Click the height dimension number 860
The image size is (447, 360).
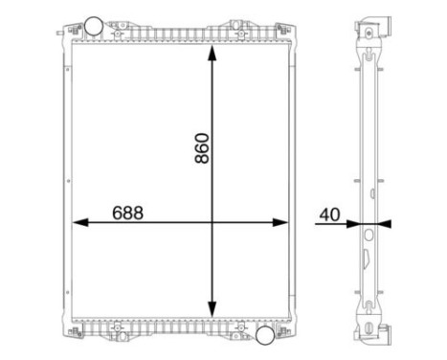[x=202, y=143]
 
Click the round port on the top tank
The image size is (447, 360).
[x=93, y=24]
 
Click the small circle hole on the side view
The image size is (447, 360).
[x=369, y=233]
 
